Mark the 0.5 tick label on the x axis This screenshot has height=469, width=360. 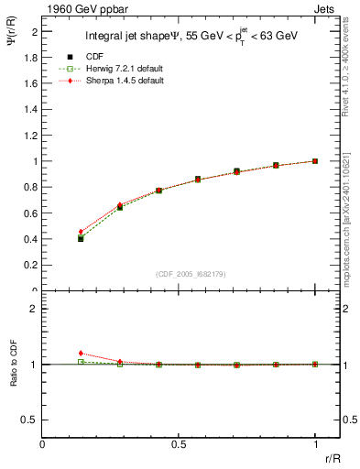point(179,444)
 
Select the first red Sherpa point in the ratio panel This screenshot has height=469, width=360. point(81,353)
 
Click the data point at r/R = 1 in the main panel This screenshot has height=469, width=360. point(315,161)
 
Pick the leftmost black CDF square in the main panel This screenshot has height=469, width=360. point(81,238)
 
